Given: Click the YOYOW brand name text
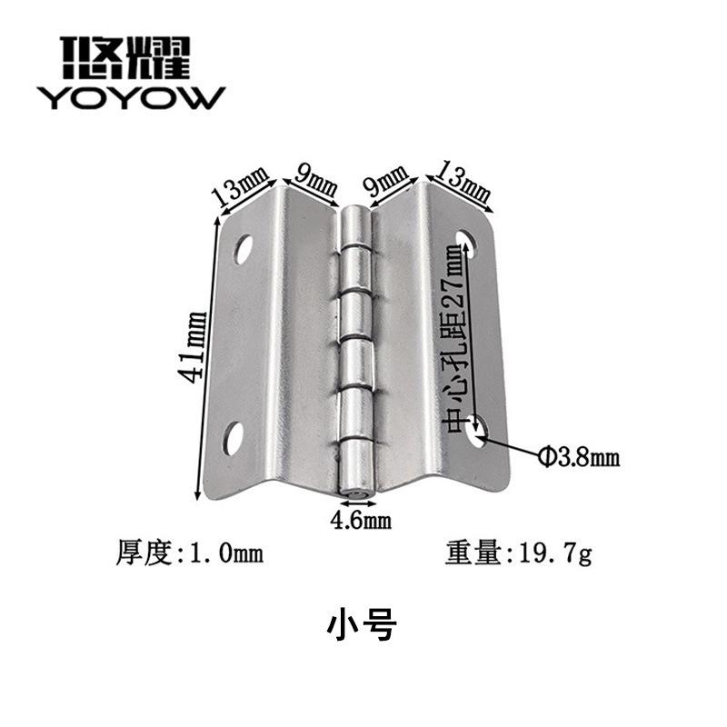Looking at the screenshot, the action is click(131, 98).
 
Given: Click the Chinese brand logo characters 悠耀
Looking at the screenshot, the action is click(125, 57).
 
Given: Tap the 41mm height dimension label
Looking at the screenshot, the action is click(192, 346).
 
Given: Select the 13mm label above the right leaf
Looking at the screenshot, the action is click(463, 182).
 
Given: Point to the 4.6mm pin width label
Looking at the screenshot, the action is click(361, 520).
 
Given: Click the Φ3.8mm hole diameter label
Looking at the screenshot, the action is click(579, 458).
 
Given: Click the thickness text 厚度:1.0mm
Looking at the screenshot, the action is click(189, 553).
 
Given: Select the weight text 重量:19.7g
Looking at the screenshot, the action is click(518, 553).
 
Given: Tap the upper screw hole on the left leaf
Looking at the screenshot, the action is click(243, 249).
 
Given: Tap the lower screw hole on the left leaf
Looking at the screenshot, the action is click(234, 438).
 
